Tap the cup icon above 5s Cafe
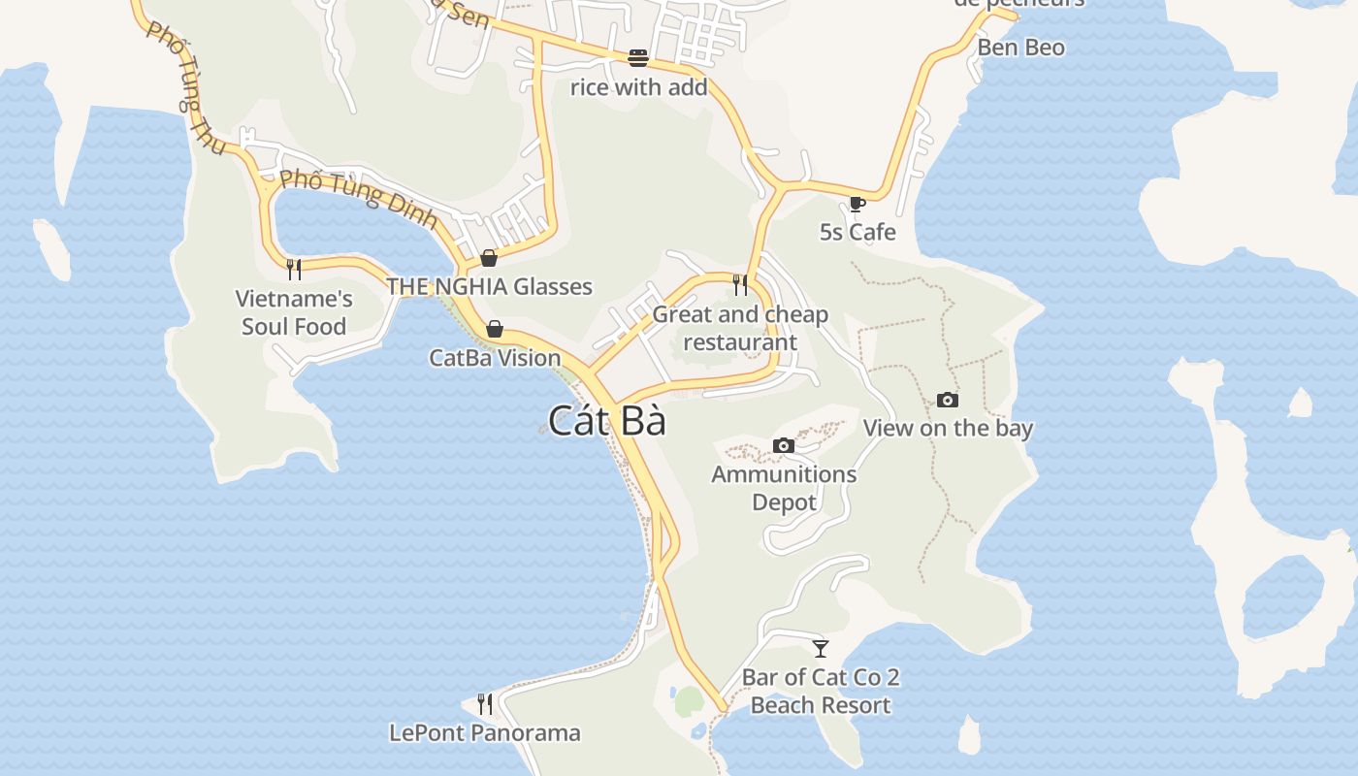[857, 204]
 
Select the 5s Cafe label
[857, 232]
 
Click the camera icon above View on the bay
[948, 400]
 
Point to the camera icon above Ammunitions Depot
[784, 445]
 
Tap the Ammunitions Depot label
[784, 488]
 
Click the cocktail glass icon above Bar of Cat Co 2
[821, 648]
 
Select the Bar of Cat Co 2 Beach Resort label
[821, 691]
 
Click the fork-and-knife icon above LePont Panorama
[485, 703]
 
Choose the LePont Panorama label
[485, 732]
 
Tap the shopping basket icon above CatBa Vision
[495, 329]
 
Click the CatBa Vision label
[495, 357]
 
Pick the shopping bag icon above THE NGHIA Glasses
[489, 257]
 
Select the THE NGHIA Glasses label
[489, 286]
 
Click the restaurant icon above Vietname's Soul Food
[294, 269]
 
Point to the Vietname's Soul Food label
[294, 312]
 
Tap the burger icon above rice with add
[637, 58]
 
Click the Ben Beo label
[1020, 48]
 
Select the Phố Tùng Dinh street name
[359, 198]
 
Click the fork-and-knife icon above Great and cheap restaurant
[740, 284]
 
